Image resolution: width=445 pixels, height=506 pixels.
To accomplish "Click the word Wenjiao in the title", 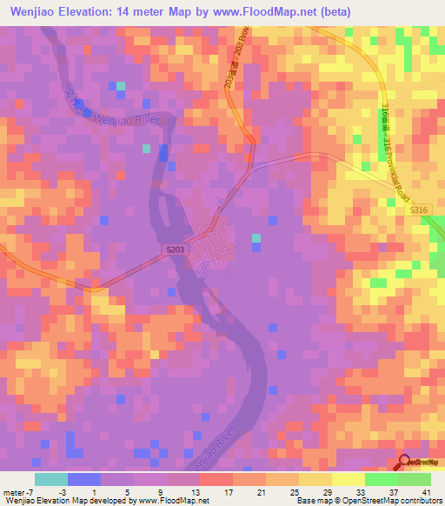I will [x=40, y=11].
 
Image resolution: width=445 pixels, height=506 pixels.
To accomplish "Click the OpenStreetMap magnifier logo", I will [x=405, y=463].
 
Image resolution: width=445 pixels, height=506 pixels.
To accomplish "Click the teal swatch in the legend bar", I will [x=51, y=479].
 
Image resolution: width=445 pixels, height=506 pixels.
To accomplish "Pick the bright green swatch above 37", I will [x=381, y=479].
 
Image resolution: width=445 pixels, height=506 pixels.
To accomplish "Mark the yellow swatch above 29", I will [x=315, y=479].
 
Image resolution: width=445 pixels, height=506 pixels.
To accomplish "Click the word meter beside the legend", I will [x=14, y=492].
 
